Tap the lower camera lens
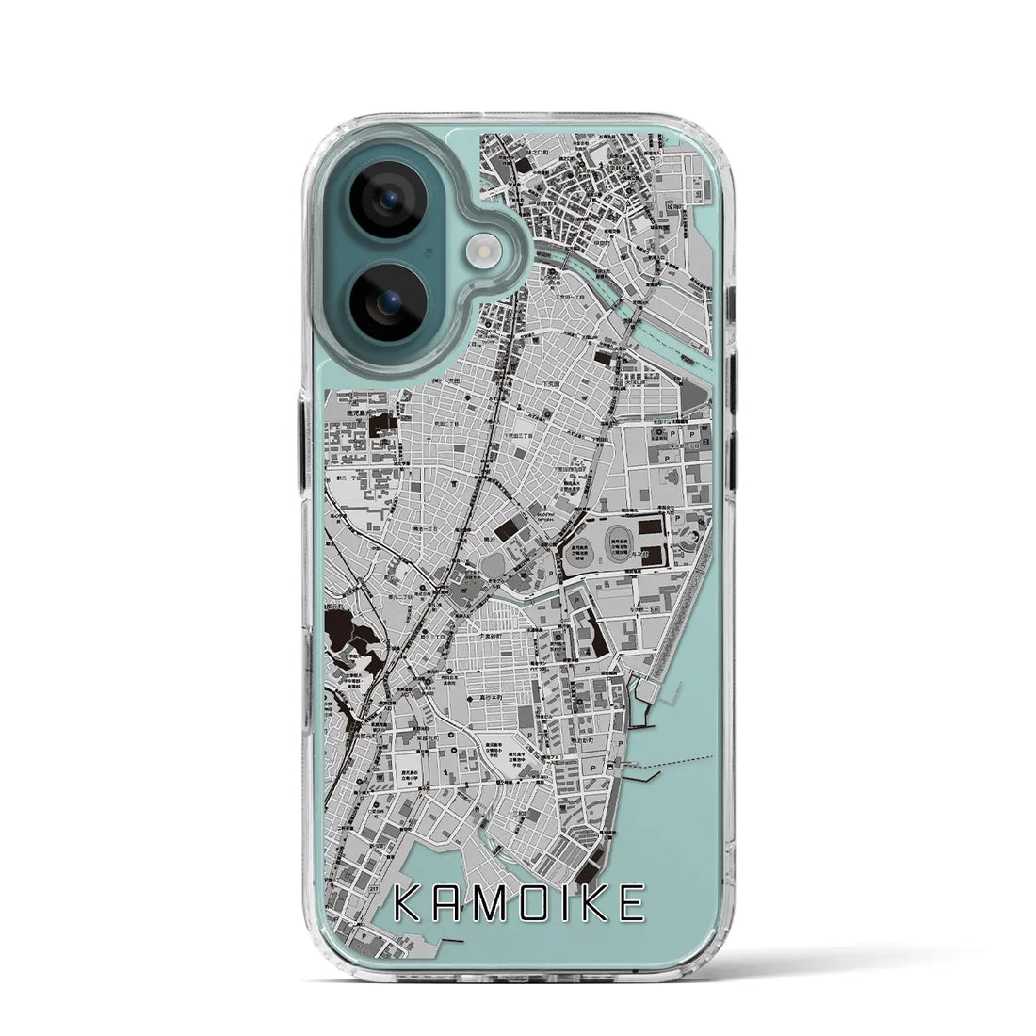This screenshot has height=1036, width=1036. (x=388, y=300)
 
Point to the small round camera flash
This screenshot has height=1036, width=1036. (x=478, y=250)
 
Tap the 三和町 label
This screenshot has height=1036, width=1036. (x=527, y=793)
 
